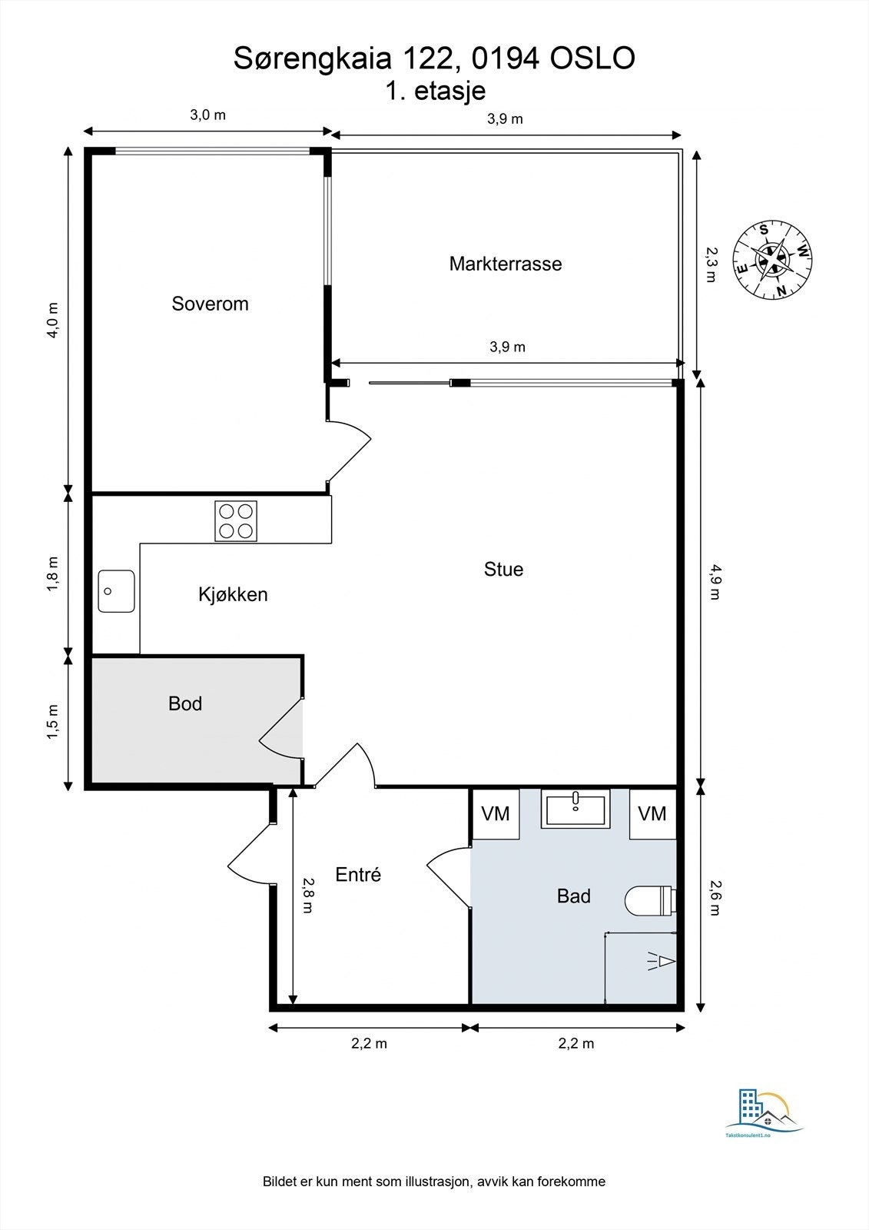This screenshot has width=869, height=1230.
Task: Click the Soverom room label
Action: pos(210,304)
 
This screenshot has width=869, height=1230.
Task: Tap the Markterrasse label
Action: pos(506,264)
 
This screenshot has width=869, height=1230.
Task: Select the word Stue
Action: pos(503,569)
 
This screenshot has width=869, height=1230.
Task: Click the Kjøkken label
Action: pos(233,594)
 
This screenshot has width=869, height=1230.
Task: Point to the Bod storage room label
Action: pos(185,703)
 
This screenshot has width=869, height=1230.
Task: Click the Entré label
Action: pos(358,874)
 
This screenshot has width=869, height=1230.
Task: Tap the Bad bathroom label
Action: pos(573,896)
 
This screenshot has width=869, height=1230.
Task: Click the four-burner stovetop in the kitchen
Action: pos(236,520)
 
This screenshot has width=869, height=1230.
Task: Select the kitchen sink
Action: pos(116,591)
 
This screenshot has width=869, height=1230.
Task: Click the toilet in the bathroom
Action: pos(648,900)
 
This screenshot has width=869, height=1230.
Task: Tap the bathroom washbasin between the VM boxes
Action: pos(575,809)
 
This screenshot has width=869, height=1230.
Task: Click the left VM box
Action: pos(495,813)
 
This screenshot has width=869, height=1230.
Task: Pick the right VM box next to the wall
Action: pos(652,813)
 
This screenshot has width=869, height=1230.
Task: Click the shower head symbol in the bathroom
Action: pos(661,960)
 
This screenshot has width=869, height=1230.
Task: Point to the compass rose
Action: pos(771,260)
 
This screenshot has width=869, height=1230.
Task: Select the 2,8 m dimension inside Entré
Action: pos(307,895)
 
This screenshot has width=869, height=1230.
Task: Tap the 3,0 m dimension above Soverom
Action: pos(207,115)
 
